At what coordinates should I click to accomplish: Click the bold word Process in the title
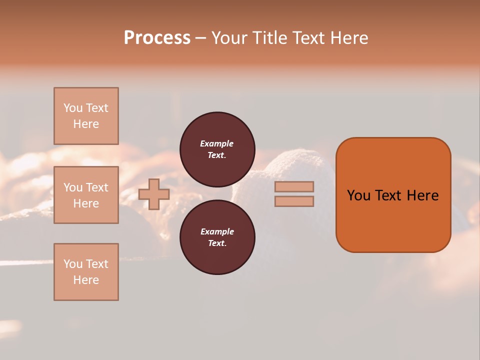point(157,38)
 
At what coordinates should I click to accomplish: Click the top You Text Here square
point(86,116)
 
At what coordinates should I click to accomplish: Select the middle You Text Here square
point(86,195)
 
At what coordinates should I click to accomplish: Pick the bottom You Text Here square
point(86,272)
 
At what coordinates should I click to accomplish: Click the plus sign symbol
point(154,194)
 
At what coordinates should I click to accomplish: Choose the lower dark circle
point(217,237)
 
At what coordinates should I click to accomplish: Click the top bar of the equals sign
point(294,187)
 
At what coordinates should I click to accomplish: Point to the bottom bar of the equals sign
point(294,201)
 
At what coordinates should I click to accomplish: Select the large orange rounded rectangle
point(393,195)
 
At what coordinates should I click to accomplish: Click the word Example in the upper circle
point(217,143)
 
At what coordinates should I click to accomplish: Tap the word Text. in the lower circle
point(217,243)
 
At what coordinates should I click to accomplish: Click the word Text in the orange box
point(389,195)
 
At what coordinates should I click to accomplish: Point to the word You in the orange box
point(358,195)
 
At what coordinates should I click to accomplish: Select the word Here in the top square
point(86,124)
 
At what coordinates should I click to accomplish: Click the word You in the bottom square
point(73,264)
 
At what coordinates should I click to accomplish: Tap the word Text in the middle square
point(97,187)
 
